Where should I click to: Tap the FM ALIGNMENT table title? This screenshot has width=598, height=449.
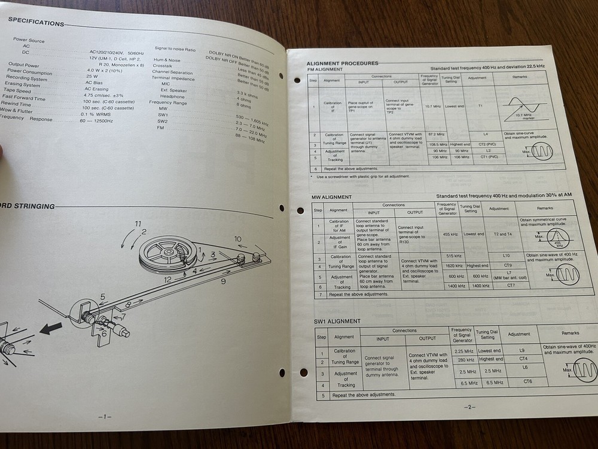click(325, 69)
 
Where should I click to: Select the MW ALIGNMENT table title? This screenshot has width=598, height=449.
click(331, 197)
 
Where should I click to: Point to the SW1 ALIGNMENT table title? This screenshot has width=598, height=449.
click(337, 321)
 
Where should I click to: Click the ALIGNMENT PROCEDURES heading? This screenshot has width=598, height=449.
click(342, 63)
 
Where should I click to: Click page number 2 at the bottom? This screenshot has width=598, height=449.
click(469, 408)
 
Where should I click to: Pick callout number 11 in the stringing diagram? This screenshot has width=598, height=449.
click(138, 224)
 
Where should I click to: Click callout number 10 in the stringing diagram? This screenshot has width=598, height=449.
click(238, 239)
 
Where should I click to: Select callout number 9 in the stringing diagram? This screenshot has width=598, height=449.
click(222, 280)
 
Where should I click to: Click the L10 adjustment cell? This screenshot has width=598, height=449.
click(507, 256)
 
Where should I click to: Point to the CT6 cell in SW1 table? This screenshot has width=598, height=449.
click(527, 381)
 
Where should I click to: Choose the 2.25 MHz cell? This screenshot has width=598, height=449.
click(463, 351)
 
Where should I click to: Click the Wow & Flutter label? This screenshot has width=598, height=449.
click(17, 110)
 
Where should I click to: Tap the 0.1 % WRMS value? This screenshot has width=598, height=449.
click(97, 114)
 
